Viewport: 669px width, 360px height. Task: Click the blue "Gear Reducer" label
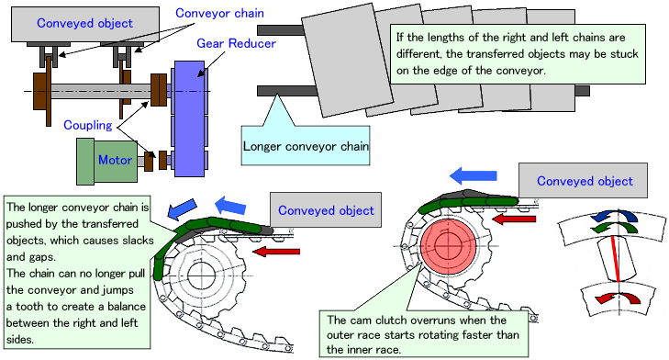click(x=236, y=43)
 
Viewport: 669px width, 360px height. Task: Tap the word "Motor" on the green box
click(x=115, y=160)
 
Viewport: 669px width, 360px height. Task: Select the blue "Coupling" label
click(x=88, y=125)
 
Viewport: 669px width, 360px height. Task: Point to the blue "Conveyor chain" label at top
click(x=219, y=13)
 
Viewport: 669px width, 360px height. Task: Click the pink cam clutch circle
click(x=449, y=246)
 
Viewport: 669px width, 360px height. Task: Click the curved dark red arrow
click(x=619, y=298)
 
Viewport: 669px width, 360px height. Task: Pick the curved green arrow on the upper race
click(x=614, y=228)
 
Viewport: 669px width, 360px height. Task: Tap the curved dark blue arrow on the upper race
click(x=614, y=216)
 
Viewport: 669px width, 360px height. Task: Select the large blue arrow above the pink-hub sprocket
click(x=474, y=175)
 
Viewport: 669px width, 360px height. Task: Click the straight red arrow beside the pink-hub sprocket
click(x=514, y=219)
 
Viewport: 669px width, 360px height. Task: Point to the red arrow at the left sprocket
click(x=276, y=251)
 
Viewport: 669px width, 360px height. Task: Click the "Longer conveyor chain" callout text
click(x=306, y=146)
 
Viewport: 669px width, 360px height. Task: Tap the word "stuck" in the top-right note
click(x=624, y=54)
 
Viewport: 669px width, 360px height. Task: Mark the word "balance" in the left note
click(x=127, y=307)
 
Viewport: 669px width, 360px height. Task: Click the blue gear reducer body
click(x=189, y=118)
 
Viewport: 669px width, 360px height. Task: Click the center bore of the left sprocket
click(x=202, y=276)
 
